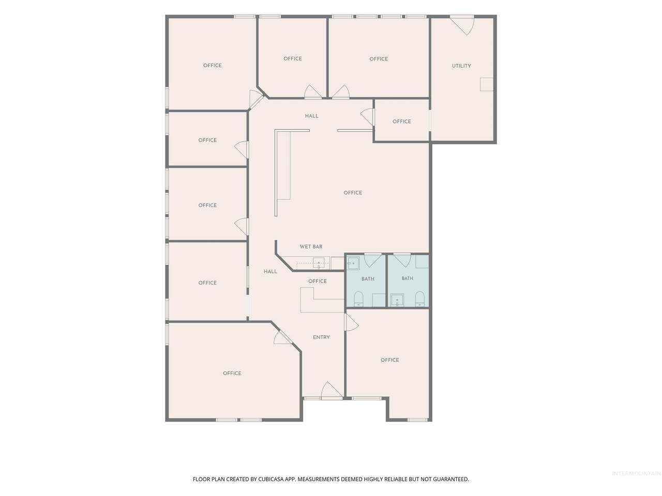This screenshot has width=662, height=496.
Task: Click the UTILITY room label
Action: [x=461, y=66]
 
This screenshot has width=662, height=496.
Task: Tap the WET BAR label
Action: [x=311, y=246]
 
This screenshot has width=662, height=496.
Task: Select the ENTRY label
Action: [x=321, y=337]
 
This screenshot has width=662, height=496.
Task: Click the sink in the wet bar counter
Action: [x=319, y=263]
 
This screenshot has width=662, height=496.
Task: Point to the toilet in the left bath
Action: [x=358, y=299]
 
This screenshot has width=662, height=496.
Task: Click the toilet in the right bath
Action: [x=419, y=299]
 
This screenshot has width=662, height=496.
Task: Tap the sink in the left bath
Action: [x=353, y=263]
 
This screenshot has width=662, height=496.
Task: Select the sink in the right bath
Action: [x=397, y=300]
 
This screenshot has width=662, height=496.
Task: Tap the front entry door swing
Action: [x=332, y=390]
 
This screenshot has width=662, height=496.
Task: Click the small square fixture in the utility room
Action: [x=487, y=84]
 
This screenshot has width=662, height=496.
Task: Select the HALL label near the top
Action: [x=311, y=116]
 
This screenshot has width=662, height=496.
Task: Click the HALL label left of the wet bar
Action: [x=270, y=271]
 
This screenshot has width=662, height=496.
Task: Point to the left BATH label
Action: [x=368, y=279]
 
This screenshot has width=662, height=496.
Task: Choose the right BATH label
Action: [x=407, y=278]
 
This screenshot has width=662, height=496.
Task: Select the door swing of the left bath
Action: [x=373, y=260]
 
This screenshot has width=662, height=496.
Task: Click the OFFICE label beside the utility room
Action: [x=401, y=121]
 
